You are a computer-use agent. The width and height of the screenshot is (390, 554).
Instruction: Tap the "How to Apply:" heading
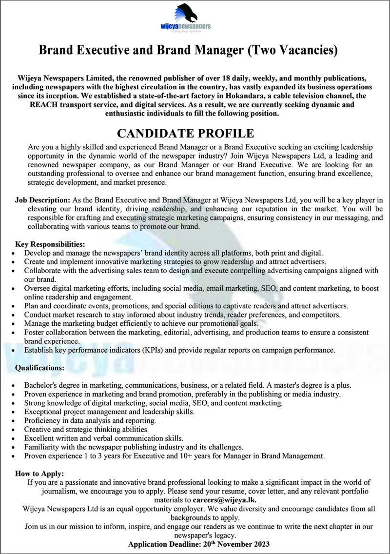[x=39, y=474]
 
